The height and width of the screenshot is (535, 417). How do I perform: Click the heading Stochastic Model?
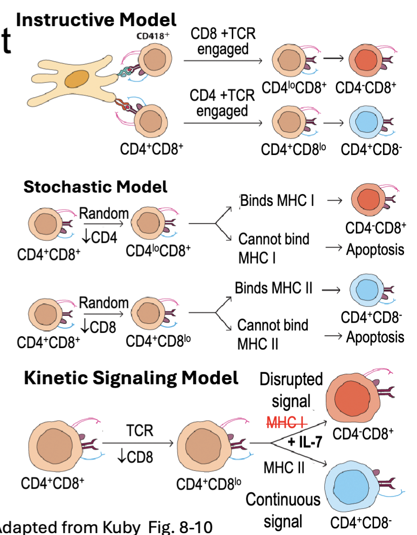tap(95, 187)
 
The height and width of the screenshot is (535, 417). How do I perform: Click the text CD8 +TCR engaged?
tap(222, 41)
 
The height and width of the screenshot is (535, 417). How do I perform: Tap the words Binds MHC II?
tap(273, 289)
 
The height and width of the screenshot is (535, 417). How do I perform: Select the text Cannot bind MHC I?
tap(273, 248)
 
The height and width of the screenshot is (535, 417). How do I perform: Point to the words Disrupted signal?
tap(291, 390)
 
